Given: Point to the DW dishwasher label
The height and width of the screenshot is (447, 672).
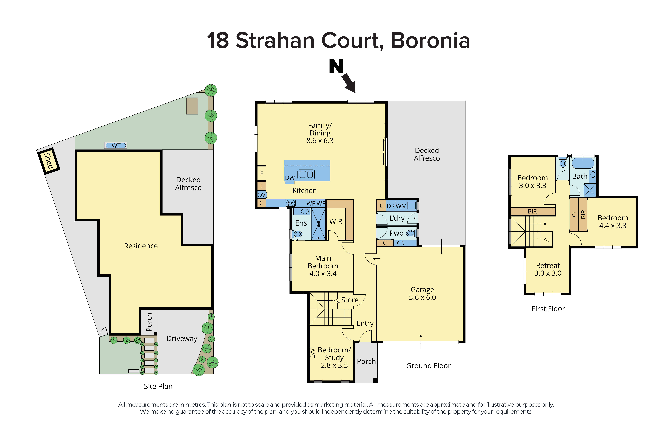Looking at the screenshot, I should (x=290, y=178).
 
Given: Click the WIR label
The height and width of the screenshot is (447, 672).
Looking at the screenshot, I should (x=336, y=221).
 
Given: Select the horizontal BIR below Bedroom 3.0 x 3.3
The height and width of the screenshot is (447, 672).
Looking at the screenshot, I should (x=532, y=211).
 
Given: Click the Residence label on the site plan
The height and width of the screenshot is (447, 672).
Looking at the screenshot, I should (x=141, y=246).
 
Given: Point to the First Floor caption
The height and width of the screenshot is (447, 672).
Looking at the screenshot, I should (x=548, y=309).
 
